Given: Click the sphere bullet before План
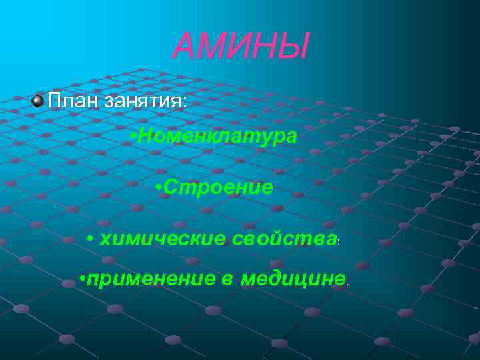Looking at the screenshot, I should tap(38, 101).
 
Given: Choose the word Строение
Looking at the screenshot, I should tap(217, 187).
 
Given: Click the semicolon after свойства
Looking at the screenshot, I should tap(339, 242).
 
